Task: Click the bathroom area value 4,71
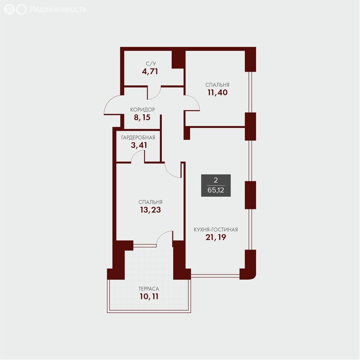pos(150,72)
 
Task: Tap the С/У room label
pos(150,64)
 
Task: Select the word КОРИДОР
pos(142,110)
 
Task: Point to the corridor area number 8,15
pos(142,118)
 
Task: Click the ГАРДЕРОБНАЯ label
pos(138,137)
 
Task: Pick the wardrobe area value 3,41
pos(139,145)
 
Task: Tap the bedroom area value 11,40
pos(217,92)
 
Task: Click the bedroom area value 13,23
pos(150,210)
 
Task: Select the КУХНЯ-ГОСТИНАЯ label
pos(216,230)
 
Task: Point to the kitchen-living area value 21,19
pos(216,237)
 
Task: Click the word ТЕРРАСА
pos(149,289)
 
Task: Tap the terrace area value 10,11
pos(149,296)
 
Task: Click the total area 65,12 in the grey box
pos(216,190)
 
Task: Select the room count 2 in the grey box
pos(216,180)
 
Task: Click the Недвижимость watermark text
pos(58,9)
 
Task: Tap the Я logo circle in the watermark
pos(9,9)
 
